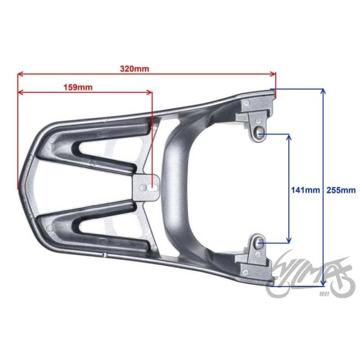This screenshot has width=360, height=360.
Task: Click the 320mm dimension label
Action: click(x=135, y=69)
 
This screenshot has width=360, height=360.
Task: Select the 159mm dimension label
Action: click(x=78, y=87)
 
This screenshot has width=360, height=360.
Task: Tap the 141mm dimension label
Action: click(x=306, y=190)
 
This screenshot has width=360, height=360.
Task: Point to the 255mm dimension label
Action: click(x=341, y=190)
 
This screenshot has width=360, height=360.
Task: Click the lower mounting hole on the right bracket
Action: click(x=261, y=242)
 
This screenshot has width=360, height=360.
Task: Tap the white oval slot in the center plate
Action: click(x=152, y=188)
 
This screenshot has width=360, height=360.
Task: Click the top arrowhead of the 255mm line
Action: click(x=323, y=91)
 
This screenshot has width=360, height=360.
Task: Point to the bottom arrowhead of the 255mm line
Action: click(x=323, y=284)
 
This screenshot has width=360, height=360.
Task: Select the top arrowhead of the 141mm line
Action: click(x=289, y=137)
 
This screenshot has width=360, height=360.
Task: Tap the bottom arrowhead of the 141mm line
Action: click(x=289, y=240)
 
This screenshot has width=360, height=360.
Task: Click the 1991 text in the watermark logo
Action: click(x=324, y=294)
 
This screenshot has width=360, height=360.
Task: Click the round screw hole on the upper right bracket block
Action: click(x=246, y=103)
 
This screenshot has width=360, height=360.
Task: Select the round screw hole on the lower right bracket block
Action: click(x=245, y=273)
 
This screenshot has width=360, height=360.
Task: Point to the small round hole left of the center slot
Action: click(x=143, y=188)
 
